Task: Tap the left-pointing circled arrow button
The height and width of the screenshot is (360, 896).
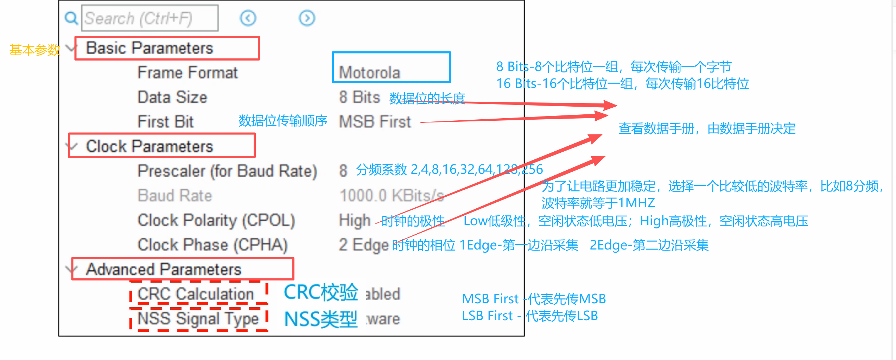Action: pos(248,18)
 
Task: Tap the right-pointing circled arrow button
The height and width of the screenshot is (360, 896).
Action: pos(307,18)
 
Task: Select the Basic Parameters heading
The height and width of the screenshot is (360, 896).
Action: pos(150,48)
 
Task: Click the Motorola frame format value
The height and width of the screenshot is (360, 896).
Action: pos(369,72)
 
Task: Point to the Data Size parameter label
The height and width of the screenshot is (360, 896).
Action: pos(172,97)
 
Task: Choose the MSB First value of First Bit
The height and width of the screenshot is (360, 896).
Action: pos(375,122)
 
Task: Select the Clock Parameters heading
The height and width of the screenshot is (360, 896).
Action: pos(150,146)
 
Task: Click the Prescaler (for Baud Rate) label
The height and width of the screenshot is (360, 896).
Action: pos(227,171)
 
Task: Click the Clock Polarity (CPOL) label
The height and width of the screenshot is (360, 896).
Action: pos(216,220)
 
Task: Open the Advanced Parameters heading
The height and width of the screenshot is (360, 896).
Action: pos(164,270)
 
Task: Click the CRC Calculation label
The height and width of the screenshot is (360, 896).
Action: pos(196,294)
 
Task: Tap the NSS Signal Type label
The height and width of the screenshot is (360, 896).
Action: pos(198,319)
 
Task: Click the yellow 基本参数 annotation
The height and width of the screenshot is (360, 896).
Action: pos(34,50)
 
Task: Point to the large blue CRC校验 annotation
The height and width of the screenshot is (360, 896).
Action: pos(320,292)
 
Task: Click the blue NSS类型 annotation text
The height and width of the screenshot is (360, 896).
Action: pos(320,319)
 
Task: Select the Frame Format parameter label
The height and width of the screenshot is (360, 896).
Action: pos(188,73)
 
